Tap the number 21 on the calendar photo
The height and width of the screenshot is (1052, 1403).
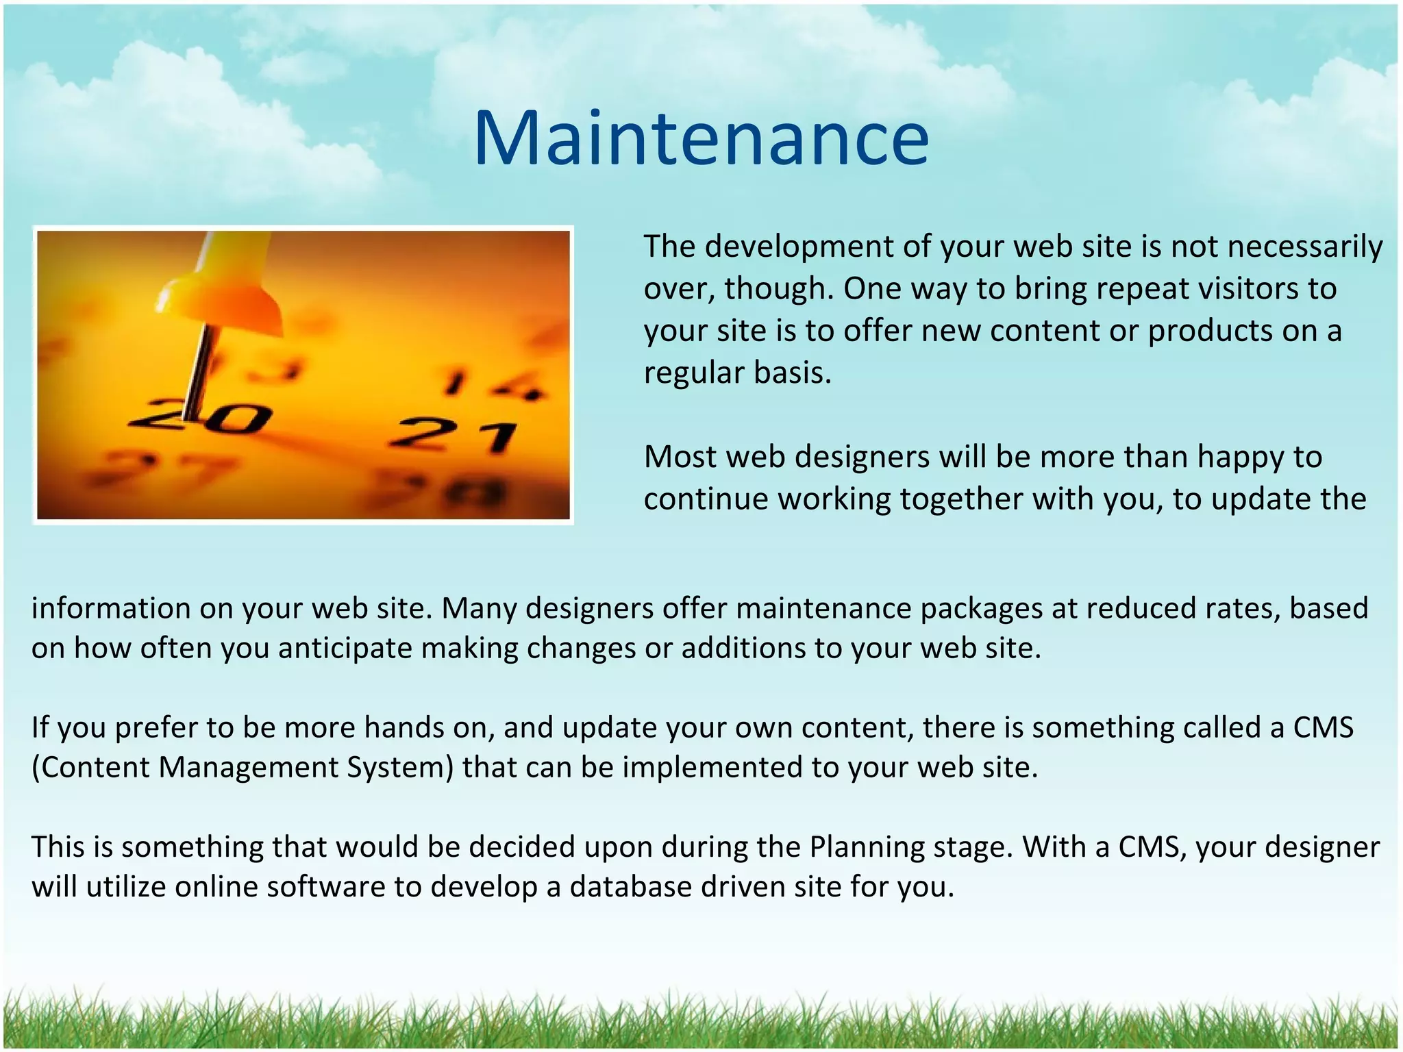coord(453,436)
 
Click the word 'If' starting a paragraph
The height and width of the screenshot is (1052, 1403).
coord(40,727)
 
